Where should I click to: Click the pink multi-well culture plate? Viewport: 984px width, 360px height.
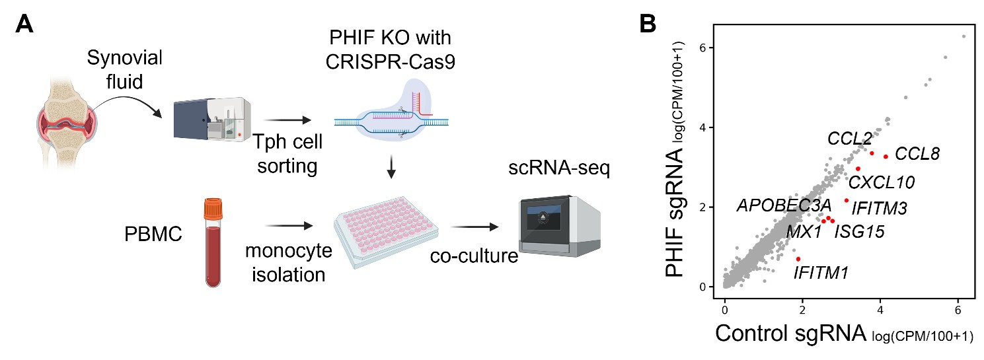point(385,228)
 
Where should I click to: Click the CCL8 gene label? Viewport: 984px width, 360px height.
point(917,155)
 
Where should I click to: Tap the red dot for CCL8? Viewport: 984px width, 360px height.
point(886,157)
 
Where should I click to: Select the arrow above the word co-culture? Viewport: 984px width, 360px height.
point(474,227)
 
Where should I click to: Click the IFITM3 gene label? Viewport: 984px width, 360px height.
point(879,208)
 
